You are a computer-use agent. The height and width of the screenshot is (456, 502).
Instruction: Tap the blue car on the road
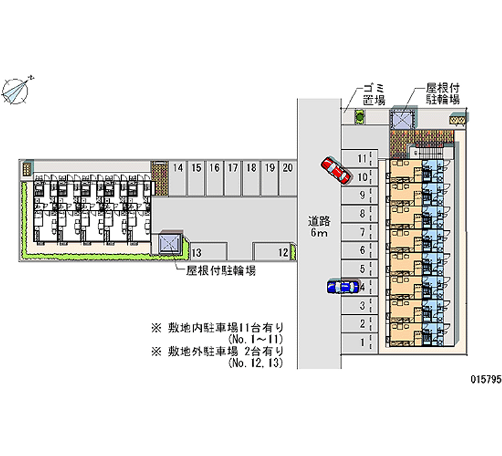coord(342,287)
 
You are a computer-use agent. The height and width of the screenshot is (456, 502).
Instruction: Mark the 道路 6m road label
coord(319,227)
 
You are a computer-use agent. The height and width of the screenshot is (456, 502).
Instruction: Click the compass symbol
coord(17,90)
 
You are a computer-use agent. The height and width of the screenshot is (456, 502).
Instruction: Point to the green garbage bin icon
coord(360,117)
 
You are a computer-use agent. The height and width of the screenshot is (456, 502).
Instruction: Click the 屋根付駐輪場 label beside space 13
coord(220,270)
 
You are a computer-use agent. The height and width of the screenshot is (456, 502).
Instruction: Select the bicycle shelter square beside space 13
coord(170,243)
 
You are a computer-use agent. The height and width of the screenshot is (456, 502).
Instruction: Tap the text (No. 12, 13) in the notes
coord(258,363)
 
